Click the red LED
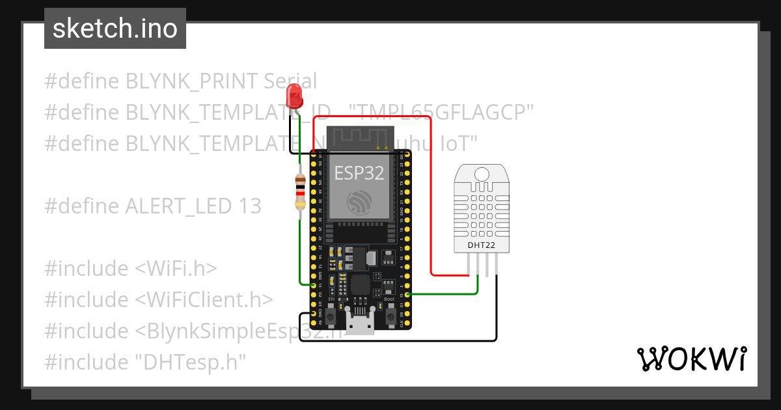click(x=295, y=100)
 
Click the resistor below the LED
click(x=300, y=192)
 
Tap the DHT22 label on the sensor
click(x=482, y=245)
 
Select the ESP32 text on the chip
click(x=359, y=172)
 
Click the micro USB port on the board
click(x=361, y=324)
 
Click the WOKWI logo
click(x=691, y=359)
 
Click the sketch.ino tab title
click(x=115, y=29)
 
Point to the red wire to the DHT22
click(x=431, y=195)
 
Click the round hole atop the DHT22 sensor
click(x=482, y=174)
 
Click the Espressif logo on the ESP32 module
click(x=359, y=202)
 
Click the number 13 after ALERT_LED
click(x=248, y=206)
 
